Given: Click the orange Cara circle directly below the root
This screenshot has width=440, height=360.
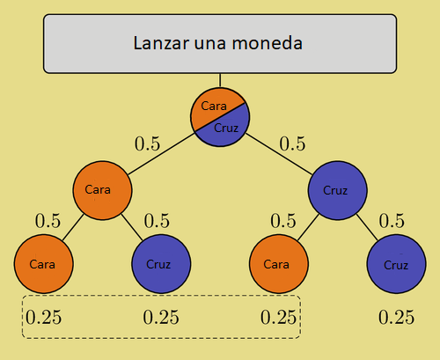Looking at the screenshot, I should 102,188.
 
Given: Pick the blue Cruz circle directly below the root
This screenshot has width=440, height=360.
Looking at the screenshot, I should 336,189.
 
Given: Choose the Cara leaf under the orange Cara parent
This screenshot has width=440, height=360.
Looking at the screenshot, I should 43,263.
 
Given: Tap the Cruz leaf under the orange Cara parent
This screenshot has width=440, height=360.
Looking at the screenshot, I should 159,263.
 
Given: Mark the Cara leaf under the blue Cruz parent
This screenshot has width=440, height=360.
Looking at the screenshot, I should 277,263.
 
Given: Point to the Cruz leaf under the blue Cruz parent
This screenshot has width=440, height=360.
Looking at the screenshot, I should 396,263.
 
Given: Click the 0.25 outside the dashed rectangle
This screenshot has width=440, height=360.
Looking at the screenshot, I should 396,318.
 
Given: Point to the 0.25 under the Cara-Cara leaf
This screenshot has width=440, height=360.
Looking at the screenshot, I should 43,318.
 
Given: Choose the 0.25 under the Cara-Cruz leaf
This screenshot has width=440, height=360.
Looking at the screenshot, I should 160,318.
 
